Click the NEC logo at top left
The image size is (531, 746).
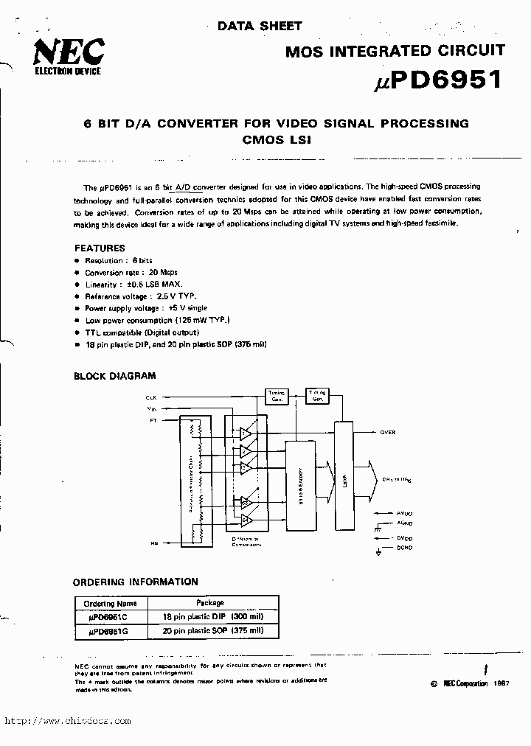pos(67,52)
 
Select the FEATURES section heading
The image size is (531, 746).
pos(100,248)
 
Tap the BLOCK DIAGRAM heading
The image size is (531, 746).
pos(114,376)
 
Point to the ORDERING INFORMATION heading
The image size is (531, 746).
pos(136,582)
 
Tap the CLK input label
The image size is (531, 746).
pos(152,397)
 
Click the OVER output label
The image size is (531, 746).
pos(388,433)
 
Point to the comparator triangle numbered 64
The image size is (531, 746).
pos(245,520)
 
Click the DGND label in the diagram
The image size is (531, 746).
pos(404,548)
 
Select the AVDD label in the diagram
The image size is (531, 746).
pos(404,512)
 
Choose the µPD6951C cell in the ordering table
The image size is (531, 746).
pos(107,616)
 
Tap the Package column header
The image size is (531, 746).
pos(210,602)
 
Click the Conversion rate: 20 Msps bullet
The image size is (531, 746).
pos(131,272)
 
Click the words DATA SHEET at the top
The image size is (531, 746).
pos(260,26)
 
